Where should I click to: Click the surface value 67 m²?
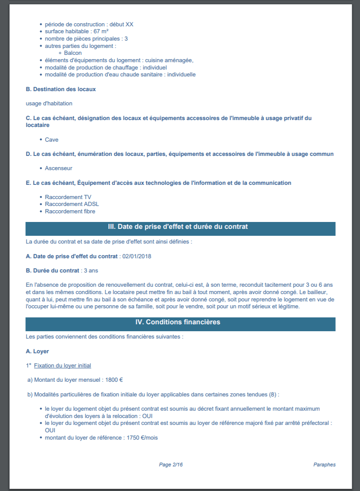(101, 32)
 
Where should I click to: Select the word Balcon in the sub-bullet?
(73, 53)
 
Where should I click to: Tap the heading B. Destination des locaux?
(61, 89)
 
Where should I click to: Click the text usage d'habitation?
(49, 104)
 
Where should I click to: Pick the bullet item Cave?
(51, 140)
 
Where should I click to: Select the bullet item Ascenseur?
(59, 168)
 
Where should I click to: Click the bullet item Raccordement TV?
(68, 197)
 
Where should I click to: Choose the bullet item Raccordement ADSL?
(72, 204)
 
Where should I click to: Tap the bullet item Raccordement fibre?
(70, 212)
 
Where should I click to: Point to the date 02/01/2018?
(137, 257)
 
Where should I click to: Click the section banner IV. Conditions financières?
(180, 323)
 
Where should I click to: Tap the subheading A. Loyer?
(38, 352)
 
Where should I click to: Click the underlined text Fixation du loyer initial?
(63, 366)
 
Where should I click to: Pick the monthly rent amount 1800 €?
(115, 380)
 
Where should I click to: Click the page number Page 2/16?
(171, 465)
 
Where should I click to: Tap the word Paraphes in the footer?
(324, 465)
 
